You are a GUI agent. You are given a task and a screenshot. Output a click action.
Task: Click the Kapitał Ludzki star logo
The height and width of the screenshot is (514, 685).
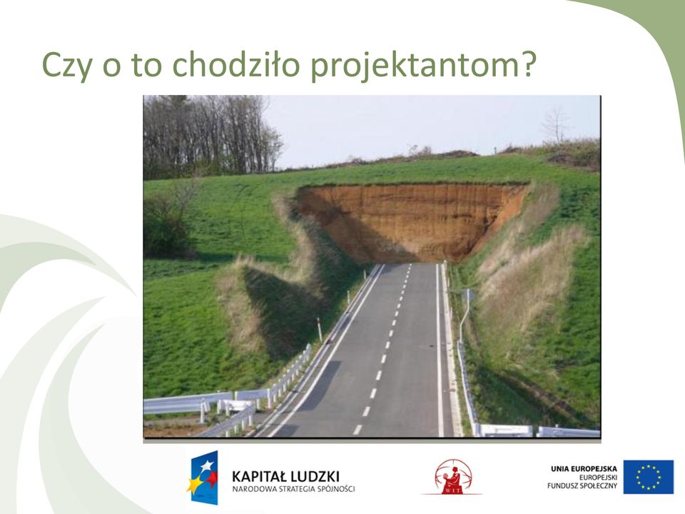(202, 478)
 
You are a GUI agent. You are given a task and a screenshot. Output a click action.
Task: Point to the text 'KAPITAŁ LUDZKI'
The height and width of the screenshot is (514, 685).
(285, 475)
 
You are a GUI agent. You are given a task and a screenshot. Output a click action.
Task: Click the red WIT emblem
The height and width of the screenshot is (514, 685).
(453, 477)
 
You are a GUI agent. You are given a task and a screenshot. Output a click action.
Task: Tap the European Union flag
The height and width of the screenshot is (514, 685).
(649, 476)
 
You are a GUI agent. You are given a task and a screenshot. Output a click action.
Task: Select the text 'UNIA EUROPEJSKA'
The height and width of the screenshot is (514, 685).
(584, 469)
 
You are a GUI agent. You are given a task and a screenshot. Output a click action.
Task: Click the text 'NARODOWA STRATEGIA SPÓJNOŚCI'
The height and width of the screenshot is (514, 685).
(293, 488)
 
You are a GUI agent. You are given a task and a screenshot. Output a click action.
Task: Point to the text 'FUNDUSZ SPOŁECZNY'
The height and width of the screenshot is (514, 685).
(582, 485)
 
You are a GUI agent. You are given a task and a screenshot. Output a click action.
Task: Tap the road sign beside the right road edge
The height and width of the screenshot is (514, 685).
(468, 296)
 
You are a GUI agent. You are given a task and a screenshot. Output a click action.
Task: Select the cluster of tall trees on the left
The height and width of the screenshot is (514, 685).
(210, 136)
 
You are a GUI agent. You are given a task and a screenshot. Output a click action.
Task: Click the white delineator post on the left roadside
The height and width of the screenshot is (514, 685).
(320, 330)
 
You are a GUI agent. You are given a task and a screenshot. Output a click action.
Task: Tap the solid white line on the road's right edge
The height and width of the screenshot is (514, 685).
(439, 350)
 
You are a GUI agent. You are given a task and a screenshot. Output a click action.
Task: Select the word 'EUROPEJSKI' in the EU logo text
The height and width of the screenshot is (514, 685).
(598, 478)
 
